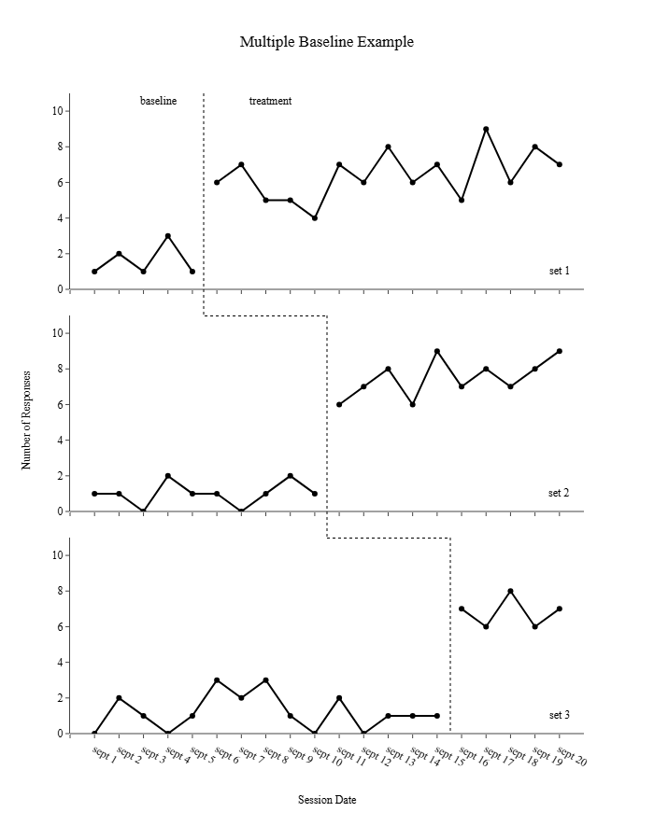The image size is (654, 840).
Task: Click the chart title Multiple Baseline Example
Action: tap(326, 42)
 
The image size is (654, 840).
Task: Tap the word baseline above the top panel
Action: tap(158, 101)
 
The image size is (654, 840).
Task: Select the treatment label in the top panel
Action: tap(270, 101)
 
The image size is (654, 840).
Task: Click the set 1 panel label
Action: tap(559, 271)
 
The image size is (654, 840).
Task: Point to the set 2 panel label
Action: tap(559, 493)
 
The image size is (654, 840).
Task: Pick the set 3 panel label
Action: tap(559, 715)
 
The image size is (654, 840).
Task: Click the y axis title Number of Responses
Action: tap(27, 419)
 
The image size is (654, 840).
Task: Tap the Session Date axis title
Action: tap(327, 800)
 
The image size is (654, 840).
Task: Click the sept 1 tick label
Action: tap(105, 755)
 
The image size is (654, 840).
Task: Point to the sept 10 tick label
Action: tap(327, 755)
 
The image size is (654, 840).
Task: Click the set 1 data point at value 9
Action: tap(486, 129)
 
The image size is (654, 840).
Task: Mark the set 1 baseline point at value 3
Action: tap(168, 236)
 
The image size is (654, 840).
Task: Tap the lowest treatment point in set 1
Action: tap(315, 218)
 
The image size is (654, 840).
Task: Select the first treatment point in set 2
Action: tap(339, 404)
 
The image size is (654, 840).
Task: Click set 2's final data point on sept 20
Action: tap(560, 351)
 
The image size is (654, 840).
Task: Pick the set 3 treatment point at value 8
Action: tap(510, 591)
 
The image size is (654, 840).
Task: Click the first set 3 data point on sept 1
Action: tap(94, 734)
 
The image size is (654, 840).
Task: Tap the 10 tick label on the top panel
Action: tap(56, 111)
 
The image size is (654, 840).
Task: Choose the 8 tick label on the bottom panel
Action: tap(58, 591)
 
